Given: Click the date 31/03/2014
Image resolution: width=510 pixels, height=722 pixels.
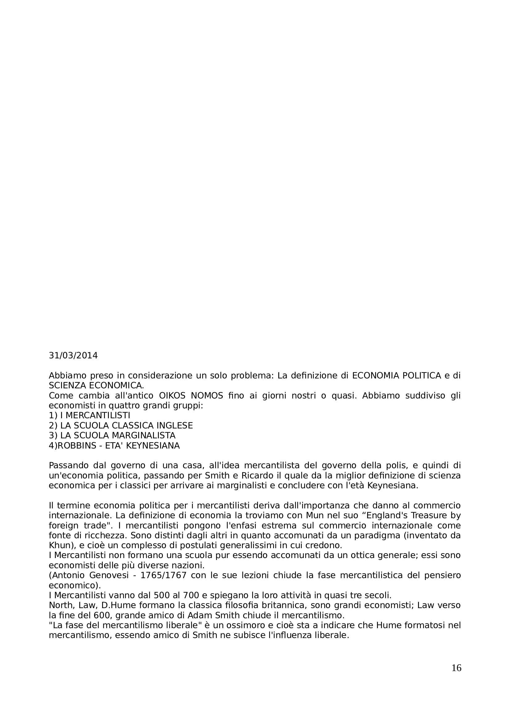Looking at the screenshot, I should click(x=73, y=356).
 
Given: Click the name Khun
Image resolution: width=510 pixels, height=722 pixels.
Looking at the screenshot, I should click(x=59, y=545).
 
